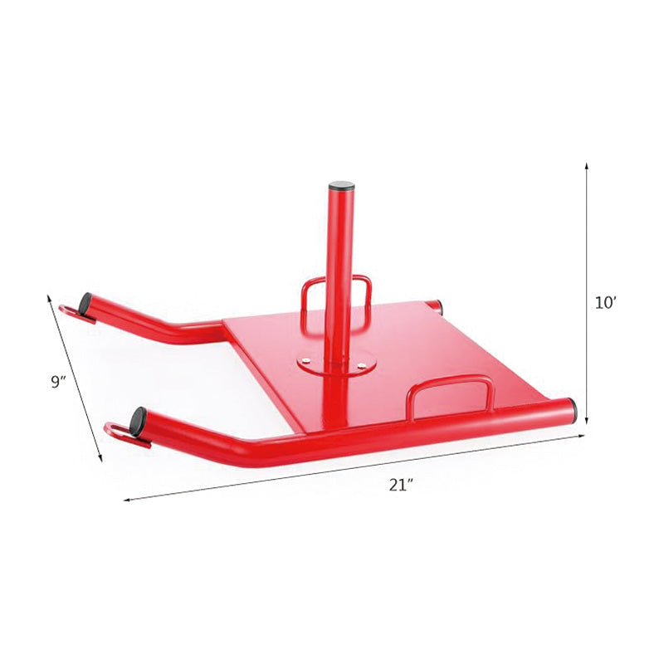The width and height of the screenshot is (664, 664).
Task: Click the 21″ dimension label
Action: [402, 486]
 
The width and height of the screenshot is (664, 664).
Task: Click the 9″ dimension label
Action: [57, 382]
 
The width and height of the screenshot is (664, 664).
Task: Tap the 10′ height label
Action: [605, 304]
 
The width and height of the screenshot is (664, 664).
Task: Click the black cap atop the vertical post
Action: [341, 186]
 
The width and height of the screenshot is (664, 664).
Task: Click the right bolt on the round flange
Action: [363, 362]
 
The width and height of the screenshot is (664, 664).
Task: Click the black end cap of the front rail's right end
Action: [572, 409]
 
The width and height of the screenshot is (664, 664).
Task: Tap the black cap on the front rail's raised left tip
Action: [138, 417]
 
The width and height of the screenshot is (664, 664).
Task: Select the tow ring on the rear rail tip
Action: [73, 313]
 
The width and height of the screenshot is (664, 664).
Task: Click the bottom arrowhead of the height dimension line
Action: [587, 421]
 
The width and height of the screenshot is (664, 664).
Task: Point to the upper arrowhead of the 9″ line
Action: [50, 297]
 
